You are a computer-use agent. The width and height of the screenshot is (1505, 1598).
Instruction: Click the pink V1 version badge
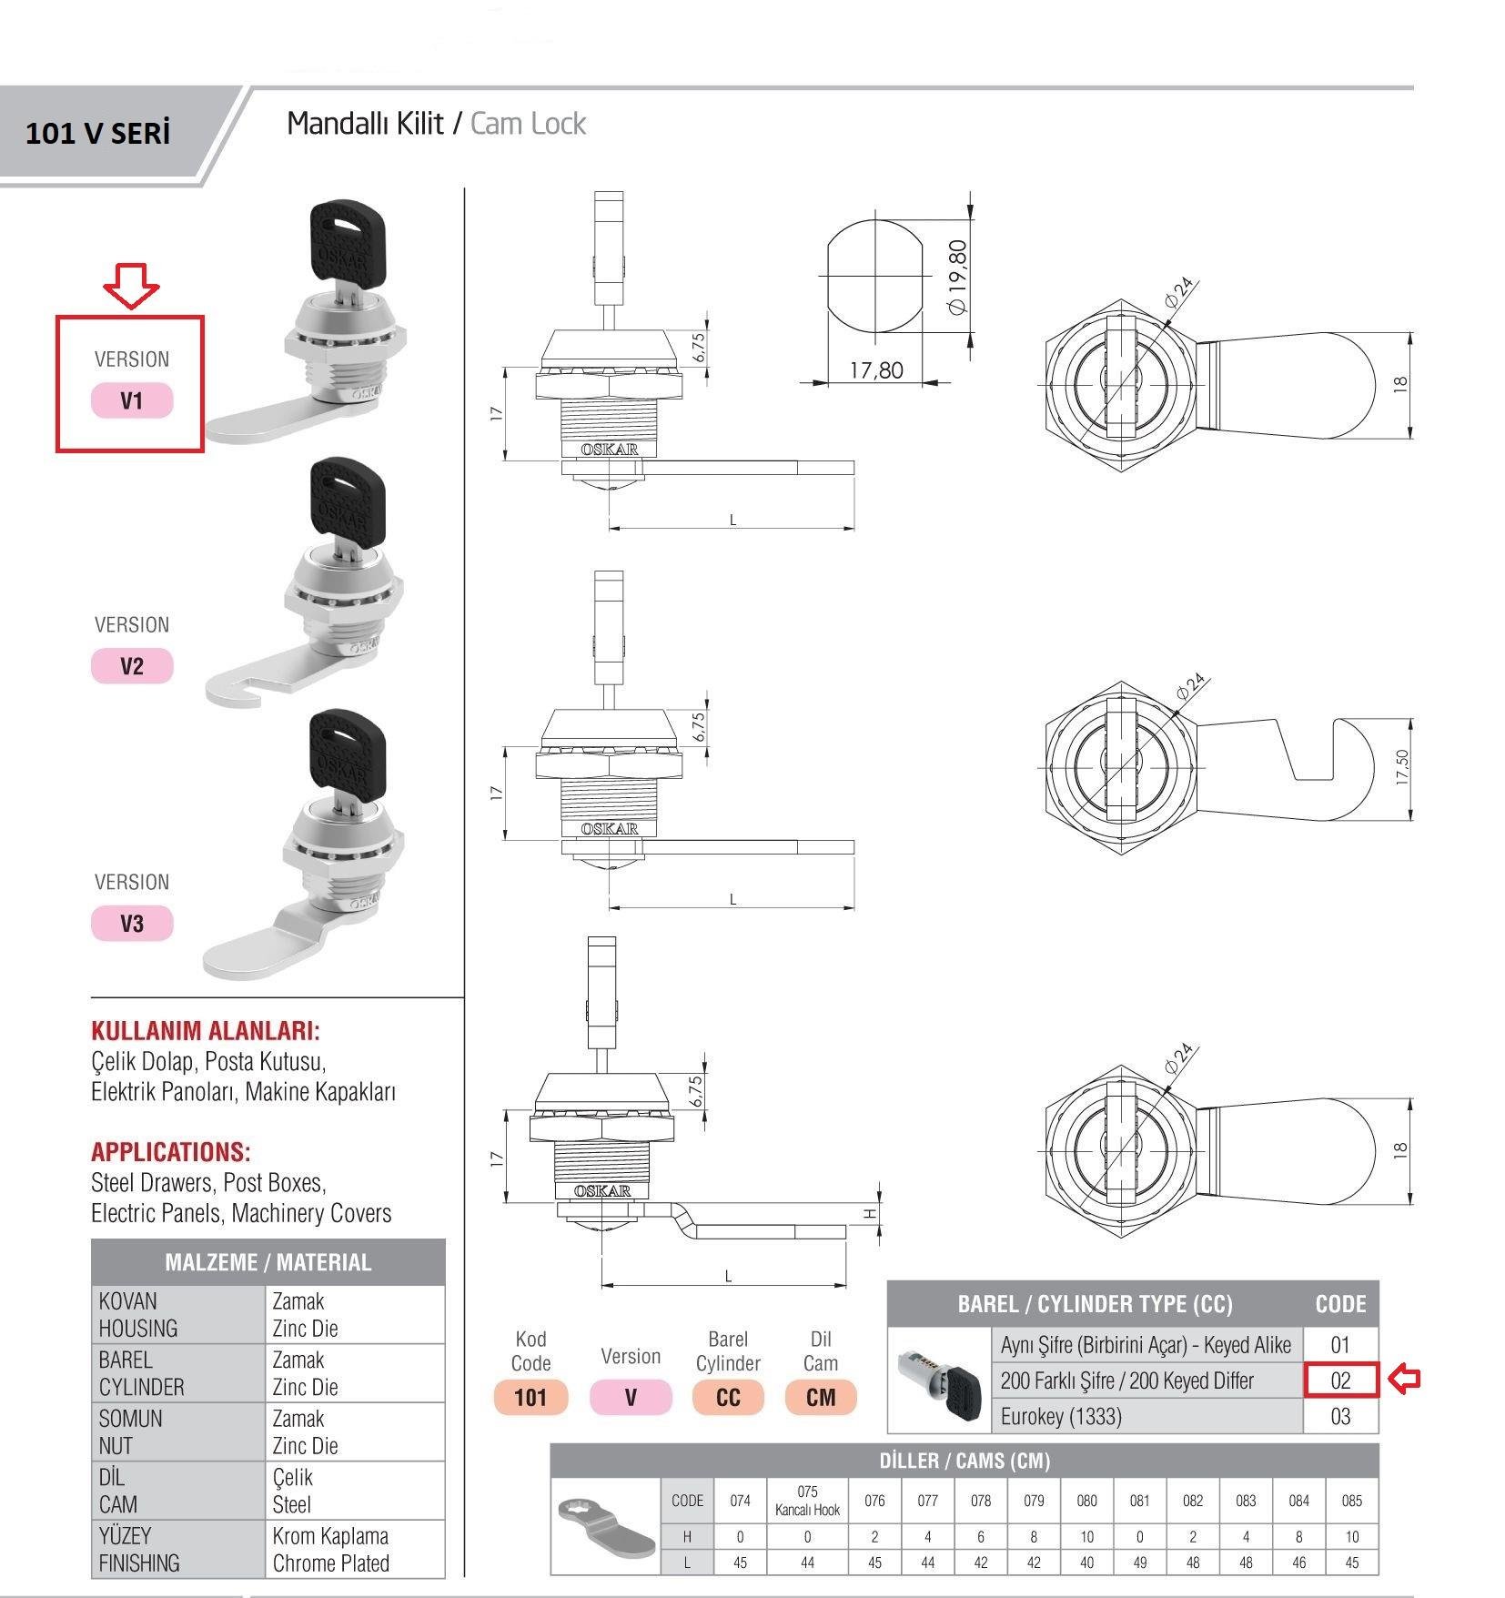point(132,400)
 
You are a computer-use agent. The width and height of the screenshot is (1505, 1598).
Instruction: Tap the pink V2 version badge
point(132,666)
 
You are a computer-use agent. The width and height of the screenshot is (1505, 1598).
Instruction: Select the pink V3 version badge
point(132,924)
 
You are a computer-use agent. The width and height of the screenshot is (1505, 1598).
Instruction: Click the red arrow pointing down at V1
point(130,284)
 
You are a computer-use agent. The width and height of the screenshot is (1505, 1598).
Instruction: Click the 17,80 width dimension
point(876,370)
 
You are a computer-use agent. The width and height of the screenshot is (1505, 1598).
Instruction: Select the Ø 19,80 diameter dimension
point(957,277)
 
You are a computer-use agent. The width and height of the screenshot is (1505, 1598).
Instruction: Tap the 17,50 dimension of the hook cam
point(1402,767)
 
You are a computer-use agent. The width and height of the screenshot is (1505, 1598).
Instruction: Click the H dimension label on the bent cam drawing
point(869,1214)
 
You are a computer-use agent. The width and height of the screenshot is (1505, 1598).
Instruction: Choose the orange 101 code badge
point(530,1397)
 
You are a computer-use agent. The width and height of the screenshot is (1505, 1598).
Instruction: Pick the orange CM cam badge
point(821,1397)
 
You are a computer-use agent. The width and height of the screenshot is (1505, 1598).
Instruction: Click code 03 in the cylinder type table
point(1340,1416)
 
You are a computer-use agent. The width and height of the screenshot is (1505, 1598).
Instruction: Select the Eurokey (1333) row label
point(1061,1416)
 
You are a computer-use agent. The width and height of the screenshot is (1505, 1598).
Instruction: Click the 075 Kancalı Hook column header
point(807,1501)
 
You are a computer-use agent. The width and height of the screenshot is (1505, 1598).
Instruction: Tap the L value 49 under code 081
point(1139,1563)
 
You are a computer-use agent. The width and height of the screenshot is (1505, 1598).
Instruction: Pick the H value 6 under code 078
point(981,1536)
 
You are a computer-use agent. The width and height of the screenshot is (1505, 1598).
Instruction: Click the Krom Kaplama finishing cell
point(330,1536)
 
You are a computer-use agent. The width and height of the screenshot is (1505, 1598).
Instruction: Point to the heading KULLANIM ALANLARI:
point(206,1031)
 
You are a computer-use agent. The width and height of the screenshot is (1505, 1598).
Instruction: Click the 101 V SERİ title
point(97,134)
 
